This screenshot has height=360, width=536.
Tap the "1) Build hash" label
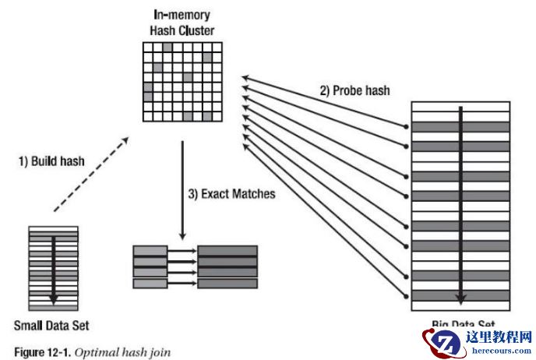click(x=51, y=162)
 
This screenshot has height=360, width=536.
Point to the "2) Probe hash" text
click(x=354, y=90)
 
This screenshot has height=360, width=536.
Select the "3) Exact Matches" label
click(x=233, y=193)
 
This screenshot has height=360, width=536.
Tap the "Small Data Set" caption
click(x=52, y=324)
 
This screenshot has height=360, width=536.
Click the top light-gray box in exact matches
click(x=150, y=251)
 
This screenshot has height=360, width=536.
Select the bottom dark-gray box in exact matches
click(x=227, y=284)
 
